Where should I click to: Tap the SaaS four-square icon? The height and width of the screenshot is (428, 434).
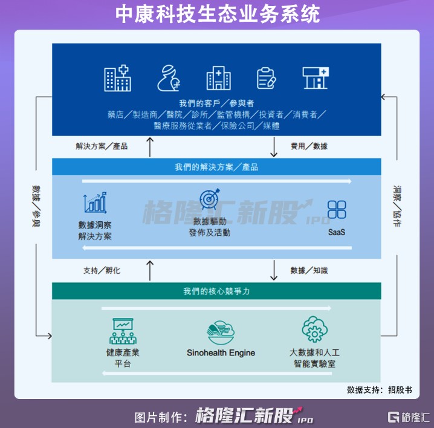337,210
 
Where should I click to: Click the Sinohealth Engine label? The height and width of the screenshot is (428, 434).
221,352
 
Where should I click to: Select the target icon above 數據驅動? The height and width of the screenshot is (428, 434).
209,200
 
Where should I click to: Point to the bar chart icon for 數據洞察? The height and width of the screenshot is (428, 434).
95,203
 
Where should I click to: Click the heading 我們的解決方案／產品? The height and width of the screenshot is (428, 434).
216,167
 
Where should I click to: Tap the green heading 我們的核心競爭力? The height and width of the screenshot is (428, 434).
216,291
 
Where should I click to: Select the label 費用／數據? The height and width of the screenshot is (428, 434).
309,146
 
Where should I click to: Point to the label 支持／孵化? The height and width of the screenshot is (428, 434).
102,270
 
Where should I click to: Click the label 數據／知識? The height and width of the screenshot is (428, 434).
309,270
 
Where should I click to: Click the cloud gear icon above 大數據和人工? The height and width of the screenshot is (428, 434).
314,329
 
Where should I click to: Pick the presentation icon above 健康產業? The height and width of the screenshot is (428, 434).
123,331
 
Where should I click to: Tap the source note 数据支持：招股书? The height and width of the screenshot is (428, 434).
379,389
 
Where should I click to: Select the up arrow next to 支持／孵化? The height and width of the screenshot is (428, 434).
151,270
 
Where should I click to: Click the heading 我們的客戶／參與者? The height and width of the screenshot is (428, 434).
216,103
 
